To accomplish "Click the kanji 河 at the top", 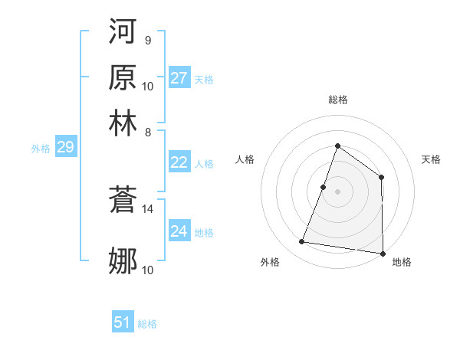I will click(123, 33).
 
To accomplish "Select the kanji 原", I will click(123, 78).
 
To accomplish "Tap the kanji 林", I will click(123, 123).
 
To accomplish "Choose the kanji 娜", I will click(123, 261).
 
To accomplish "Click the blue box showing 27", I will click(179, 78).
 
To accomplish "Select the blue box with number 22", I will click(179, 162).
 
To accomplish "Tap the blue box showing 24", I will click(179, 231).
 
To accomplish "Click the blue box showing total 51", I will click(123, 322).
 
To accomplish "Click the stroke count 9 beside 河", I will click(147, 40).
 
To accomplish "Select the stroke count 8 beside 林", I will click(148, 131).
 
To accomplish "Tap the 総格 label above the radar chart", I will click(337, 100).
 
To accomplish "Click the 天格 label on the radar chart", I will click(431, 159).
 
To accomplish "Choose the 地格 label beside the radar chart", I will click(402, 262).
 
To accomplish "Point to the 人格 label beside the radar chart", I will click(245, 159).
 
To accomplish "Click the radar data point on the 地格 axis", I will click(383, 254).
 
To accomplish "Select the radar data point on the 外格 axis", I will click(302, 242).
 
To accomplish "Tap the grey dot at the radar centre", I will click(337, 191).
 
